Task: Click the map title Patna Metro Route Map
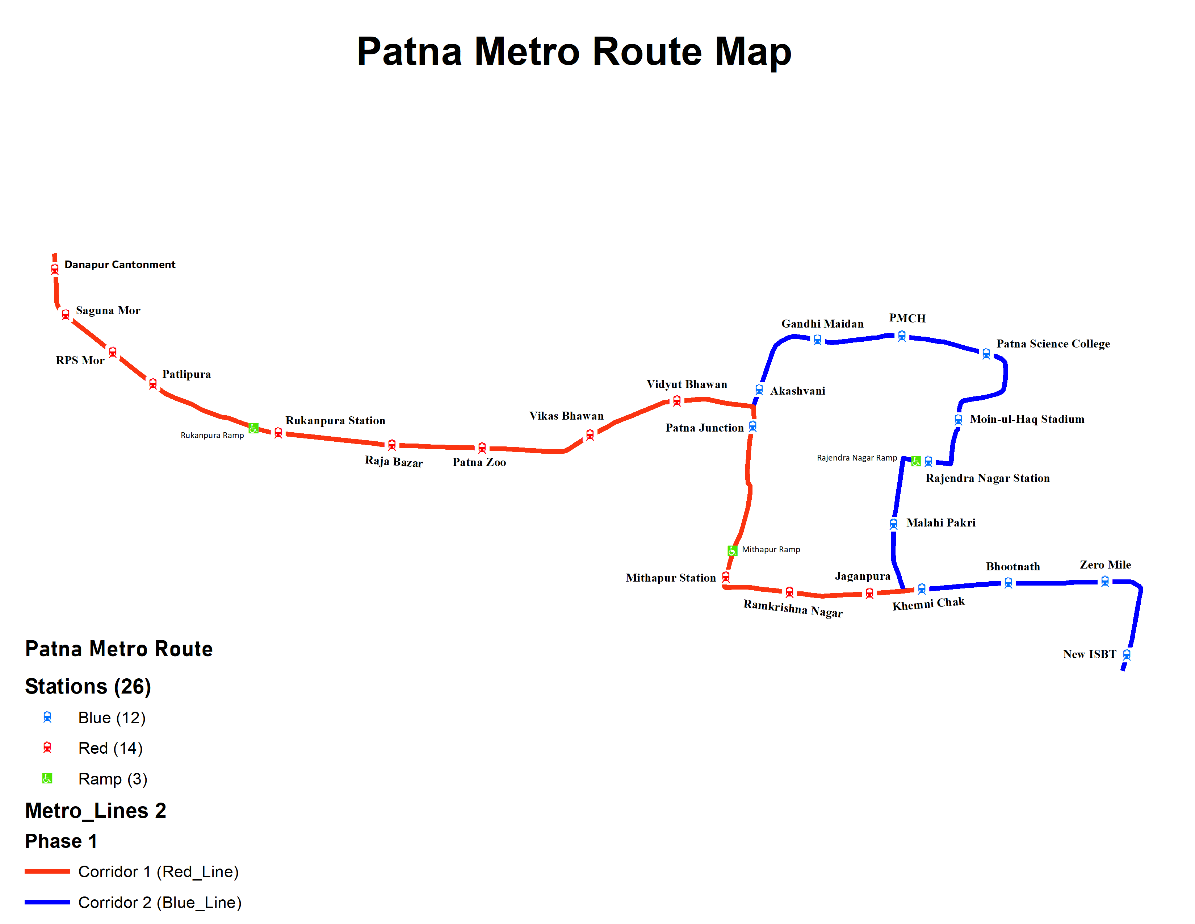click(x=574, y=51)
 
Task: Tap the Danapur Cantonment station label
click(x=120, y=265)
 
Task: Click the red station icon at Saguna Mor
click(x=66, y=314)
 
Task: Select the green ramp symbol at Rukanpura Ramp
click(x=253, y=428)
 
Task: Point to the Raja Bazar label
click(x=394, y=461)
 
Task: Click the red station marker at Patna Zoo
click(x=482, y=448)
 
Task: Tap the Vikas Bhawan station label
click(x=566, y=416)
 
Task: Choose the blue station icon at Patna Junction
click(x=753, y=426)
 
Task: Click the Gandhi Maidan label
click(x=822, y=324)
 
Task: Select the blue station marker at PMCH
click(x=902, y=336)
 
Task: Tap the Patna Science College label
click(x=1053, y=344)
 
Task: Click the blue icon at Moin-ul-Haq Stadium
click(x=958, y=419)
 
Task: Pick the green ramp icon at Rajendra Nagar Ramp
click(x=916, y=461)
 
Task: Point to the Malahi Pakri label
click(x=940, y=523)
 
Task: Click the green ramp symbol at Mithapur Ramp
click(x=732, y=550)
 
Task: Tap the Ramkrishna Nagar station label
click(x=793, y=608)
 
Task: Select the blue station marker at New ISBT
click(x=1127, y=655)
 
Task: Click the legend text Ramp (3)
click(x=113, y=779)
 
